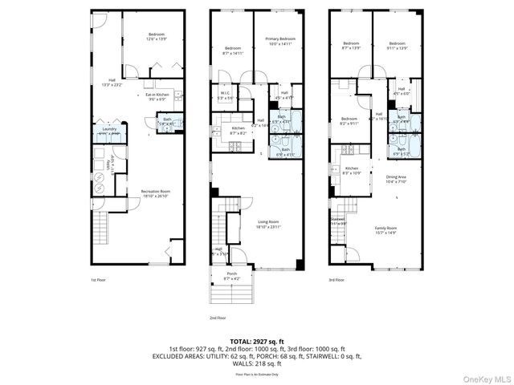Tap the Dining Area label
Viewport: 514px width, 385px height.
tap(397, 179)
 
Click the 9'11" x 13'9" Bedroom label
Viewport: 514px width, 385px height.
tap(398, 45)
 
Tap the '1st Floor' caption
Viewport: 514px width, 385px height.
tap(99, 280)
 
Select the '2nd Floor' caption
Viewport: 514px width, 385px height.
tap(217, 318)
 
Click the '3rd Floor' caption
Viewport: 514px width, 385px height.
tap(337, 280)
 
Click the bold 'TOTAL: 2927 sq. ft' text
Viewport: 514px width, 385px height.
tap(257, 341)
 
